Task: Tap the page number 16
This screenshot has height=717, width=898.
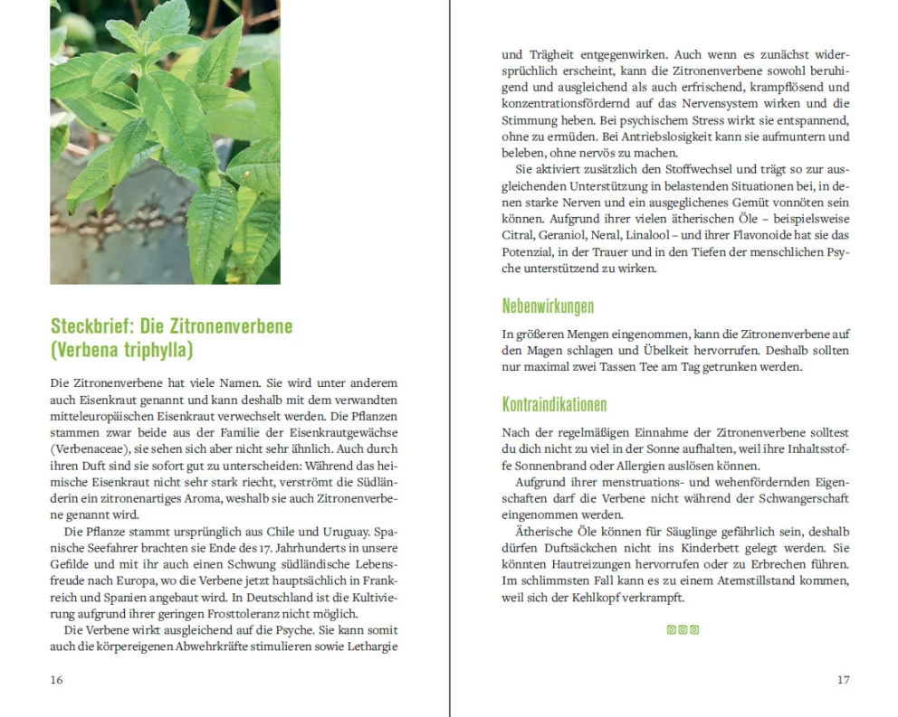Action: click(56, 680)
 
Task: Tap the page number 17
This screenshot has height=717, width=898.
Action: click(843, 680)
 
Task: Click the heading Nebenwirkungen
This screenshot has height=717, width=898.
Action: click(548, 307)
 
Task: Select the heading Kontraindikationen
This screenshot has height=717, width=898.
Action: click(554, 404)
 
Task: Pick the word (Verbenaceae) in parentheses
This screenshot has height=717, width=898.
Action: click(88, 448)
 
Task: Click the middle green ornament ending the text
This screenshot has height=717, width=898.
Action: click(683, 630)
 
